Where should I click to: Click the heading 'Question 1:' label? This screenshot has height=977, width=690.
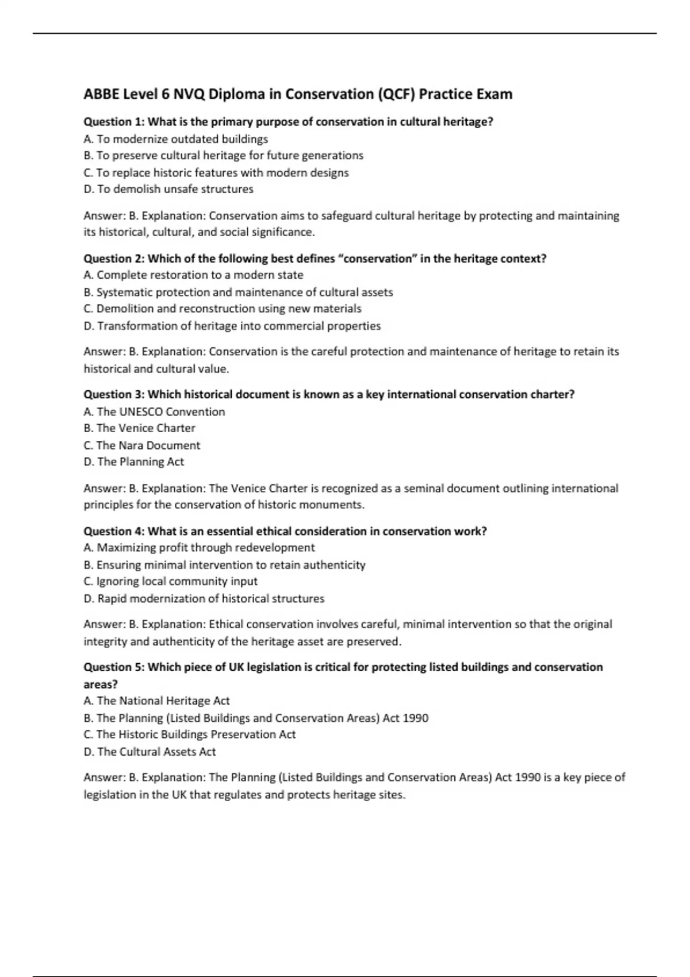pyautogui.click(x=114, y=122)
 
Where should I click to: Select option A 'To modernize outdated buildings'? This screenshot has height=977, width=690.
pyautogui.click(x=175, y=139)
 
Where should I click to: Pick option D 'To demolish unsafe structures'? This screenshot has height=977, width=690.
pyautogui.click(x=168, y=189)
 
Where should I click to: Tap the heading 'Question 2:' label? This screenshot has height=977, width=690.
pyautogui.click(x=114, y=259)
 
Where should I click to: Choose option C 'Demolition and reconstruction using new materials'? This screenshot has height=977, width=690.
pyautogui.click(x=223, y=309)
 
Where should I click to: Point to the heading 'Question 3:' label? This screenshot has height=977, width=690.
pyautogui.click(x=114, y=394)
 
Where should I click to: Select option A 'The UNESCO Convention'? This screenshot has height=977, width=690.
pyautogui.click(x=154, y=411)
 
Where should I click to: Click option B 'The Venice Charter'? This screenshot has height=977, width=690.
pyautogui.click(x=139, y=428)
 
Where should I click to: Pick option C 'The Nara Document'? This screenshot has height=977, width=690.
pyautogui.click(x=141, y=445)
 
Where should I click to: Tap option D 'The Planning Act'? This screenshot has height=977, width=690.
pyautogui.click(x=133, y=461)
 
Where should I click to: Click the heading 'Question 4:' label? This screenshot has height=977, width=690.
pyautogui.click(x=114, y=531)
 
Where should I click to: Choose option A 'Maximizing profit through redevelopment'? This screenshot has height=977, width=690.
pyautogui.click(x=199, y=548)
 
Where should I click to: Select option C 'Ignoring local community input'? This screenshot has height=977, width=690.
pyautogui.click(x=170, y=581)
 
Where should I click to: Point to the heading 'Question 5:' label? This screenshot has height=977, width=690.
pyautogui.click(x=114, y=667)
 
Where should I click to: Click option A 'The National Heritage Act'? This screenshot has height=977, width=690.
pyautogui.click(x=156, y=701)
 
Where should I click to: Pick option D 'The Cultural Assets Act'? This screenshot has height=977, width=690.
pyautogui.click(x=149, y=752)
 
